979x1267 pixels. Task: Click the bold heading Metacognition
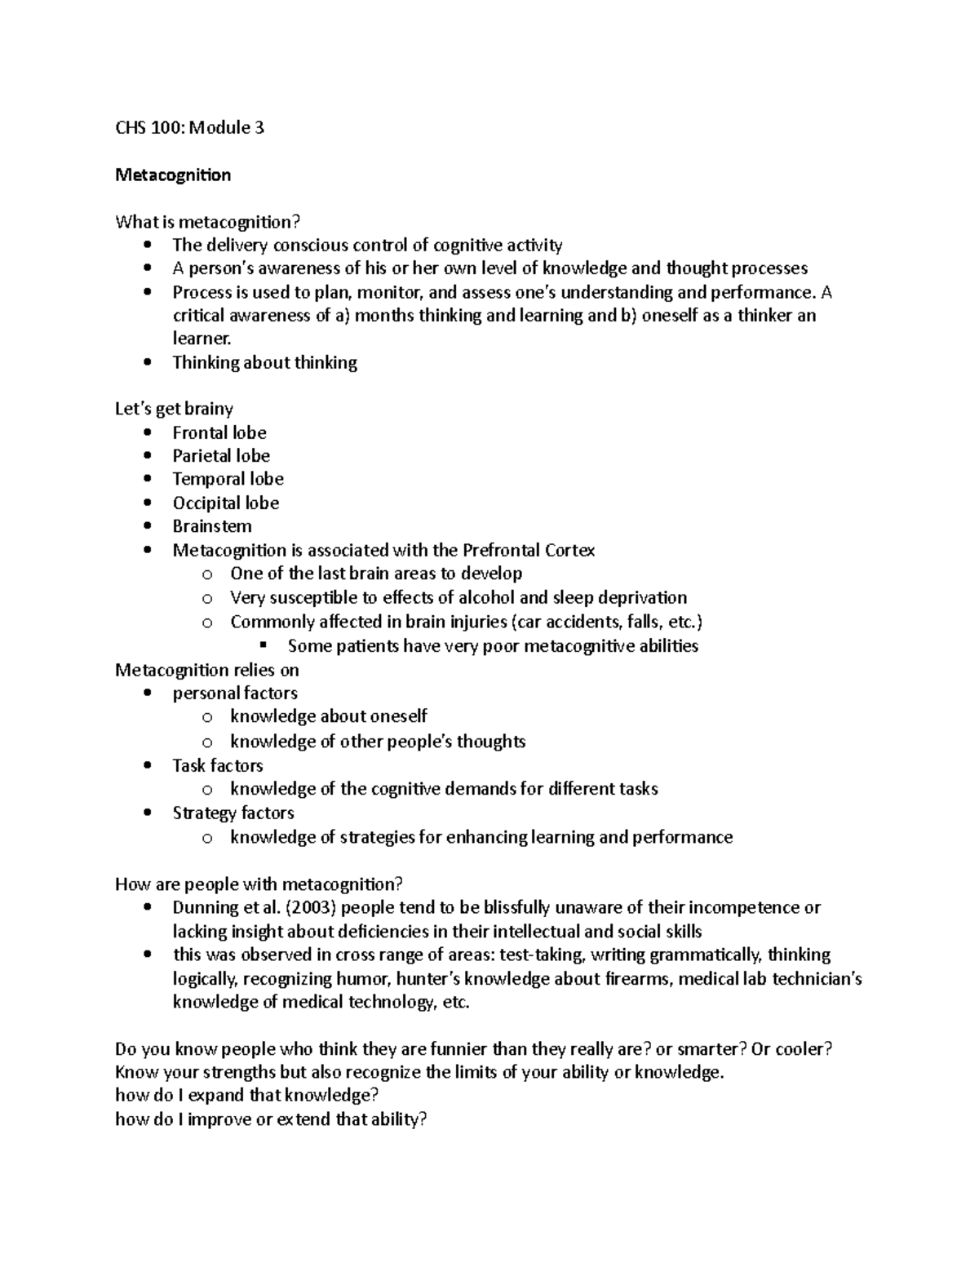[x=173, y=175]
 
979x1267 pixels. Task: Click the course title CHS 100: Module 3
[x=189, y=128]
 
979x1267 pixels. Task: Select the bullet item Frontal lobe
[x=219, y=432]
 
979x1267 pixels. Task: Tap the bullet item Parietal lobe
[x=220, y=456]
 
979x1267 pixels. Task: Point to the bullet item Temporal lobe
[x=228, y=479]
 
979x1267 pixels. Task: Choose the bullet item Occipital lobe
[x=225, y=503]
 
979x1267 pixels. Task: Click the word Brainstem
[x=211, y=526]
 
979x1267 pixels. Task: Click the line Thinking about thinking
[x=264, y=363]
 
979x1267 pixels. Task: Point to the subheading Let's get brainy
[x=174, y=409]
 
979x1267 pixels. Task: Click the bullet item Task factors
[x=217, y=766]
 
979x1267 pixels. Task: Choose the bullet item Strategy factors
[x=233, y=813]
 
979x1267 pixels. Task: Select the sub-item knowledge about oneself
[x=328, y=716]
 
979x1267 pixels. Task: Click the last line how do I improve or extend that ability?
[x=271, y=1119]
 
